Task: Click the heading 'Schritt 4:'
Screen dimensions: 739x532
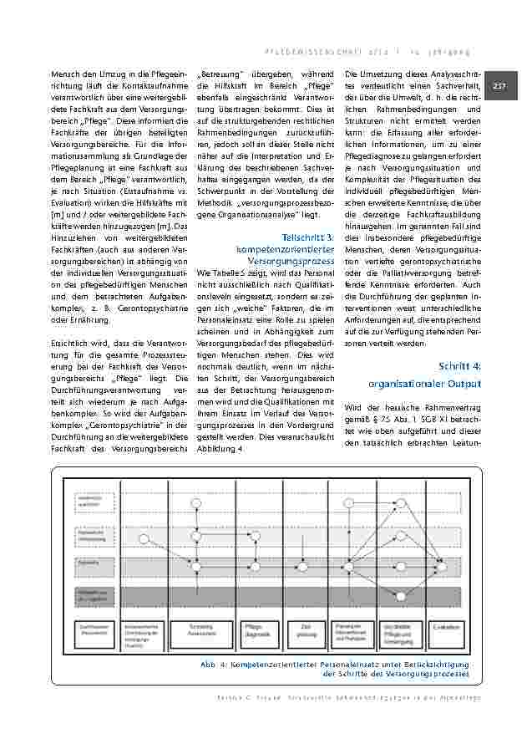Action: point(460,367)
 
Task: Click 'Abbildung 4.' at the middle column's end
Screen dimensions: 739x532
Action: point(218,448)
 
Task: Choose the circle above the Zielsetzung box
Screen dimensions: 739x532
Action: point(305,566)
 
